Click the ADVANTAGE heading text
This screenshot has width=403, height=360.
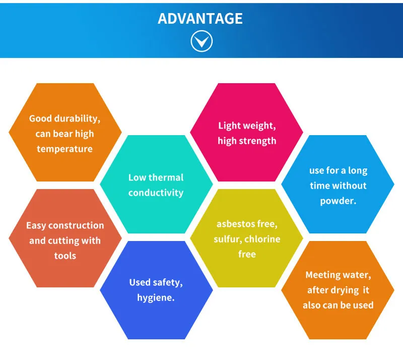pos(200,18)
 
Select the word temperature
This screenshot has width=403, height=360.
pos(64,149)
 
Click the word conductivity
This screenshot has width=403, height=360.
pos(156,193)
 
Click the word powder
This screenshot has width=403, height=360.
pos(338,201)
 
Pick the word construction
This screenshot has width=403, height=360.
pos(76,225)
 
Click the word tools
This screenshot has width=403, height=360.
pos(65,256)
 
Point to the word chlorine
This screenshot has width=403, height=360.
pos(262,239)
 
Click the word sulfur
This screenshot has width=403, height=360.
pos(228,239)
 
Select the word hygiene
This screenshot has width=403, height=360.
pos(156,298)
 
